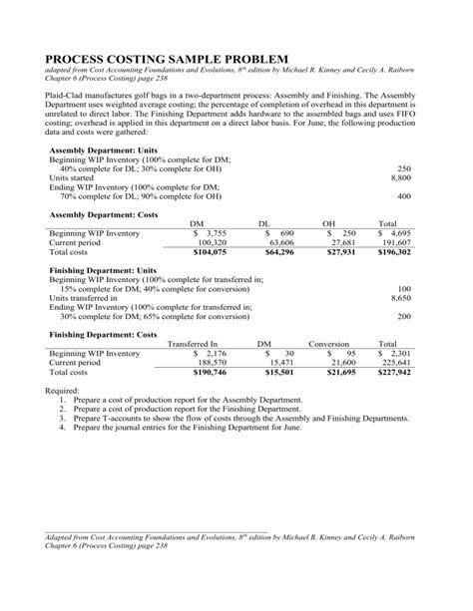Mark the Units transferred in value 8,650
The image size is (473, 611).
pyautogui.click(x=399, y=298)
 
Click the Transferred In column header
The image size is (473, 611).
pyautogui.click(x=193, y=344)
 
